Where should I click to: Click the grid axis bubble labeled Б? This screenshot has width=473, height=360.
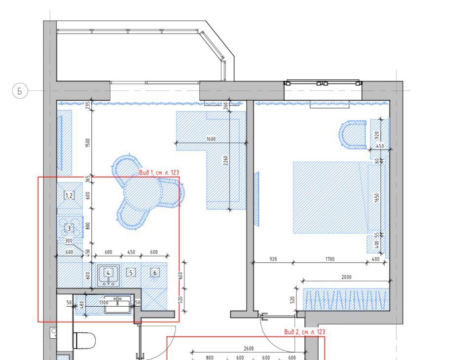pos(20,91)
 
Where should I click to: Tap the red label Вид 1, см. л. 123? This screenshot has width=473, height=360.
pos(159,173)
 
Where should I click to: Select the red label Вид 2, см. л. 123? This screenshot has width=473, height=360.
pos(305,332)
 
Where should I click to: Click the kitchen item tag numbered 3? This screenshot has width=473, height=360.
pos(69,228)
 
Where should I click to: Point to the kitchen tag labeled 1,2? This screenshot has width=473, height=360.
pos(69,196)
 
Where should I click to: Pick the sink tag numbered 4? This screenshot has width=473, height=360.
pos(109,273)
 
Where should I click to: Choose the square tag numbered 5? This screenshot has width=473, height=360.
pos(131,273)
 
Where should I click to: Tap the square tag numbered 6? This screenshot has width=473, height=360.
pos(155,273)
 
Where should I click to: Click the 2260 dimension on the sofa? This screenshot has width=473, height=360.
pos(225,160)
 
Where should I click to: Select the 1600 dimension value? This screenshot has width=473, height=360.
pos(211,139)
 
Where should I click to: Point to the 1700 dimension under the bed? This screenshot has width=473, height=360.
pos(330,259)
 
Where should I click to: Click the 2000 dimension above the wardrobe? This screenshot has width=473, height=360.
pos(346,277)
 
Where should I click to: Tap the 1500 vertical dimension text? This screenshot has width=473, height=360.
pos(87,143)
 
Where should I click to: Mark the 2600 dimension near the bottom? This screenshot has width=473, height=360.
pos(249,349)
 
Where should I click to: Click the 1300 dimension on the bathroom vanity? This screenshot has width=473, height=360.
pos(104,302)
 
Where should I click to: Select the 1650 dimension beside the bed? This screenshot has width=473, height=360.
pos(376,198)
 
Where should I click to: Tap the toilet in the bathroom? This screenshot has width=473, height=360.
pos(84,341)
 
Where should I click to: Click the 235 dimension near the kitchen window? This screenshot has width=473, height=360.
pos(87,105)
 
